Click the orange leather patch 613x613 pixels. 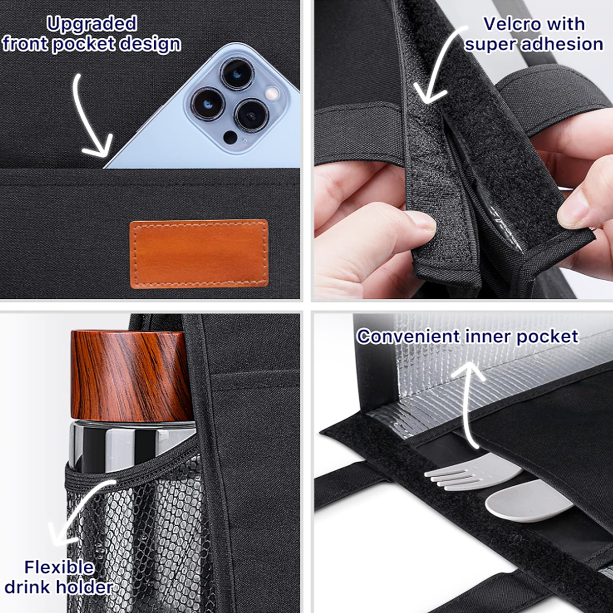coord(199,254)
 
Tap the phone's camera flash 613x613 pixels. coord(272,93)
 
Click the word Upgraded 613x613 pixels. coord(92,25)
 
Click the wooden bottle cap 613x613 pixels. coord(131,375)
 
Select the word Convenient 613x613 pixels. coord(409,337)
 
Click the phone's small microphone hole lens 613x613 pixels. coord(230,138)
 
